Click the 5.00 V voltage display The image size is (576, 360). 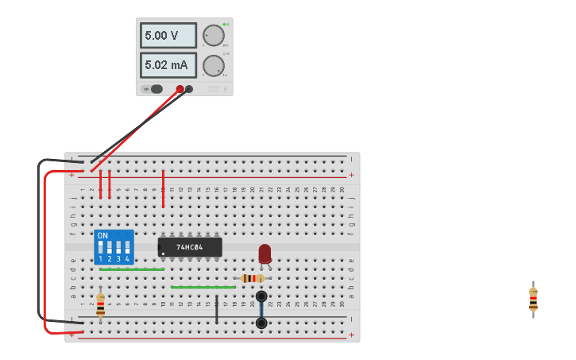pos(168,35)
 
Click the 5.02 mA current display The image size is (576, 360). pos(168,65)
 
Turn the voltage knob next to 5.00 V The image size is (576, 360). pos(213,35)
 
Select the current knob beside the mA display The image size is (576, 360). pos(213,65)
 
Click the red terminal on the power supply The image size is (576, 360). pos(180,89)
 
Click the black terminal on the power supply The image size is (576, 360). pos(189,89)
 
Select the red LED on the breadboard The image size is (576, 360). pos(265,253)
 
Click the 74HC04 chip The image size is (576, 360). pos(190,247)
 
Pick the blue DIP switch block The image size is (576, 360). pos(114,247)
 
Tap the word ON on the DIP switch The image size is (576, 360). pos(102,236)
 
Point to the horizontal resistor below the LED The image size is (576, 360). pos(253,278)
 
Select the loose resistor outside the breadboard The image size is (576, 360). pos(533,300)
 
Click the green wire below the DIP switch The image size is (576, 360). pos(132,269)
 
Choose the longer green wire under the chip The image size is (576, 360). pos(203,287)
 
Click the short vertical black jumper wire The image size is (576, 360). pos(216,310)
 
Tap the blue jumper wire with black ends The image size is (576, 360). pos(261,310)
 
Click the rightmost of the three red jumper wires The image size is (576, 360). pos(163,189)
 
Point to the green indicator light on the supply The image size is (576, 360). pos(225,25)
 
